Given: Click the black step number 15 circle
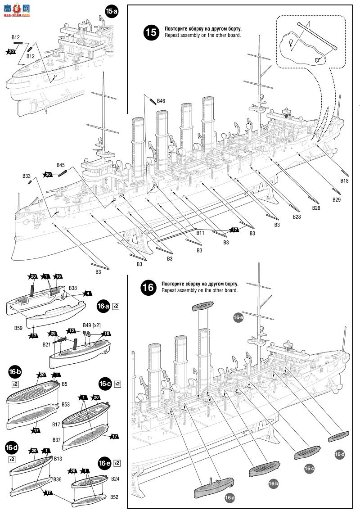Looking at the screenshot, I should tap(151, 32).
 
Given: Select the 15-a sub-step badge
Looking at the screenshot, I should tap(112, 12).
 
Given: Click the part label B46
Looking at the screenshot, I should tap(161, 101).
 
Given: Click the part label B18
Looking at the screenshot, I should tap(344, 181).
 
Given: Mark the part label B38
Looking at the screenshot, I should tap(73, 288).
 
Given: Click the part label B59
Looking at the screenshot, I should tap(18, 328).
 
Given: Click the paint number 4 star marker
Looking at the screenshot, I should tap(88, 294).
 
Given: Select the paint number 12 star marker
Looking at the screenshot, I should tap(72, 331).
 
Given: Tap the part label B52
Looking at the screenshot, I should tap(114, 497).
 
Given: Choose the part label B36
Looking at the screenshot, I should tap(57, 479).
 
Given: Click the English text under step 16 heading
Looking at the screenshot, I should tap(200, 290).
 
